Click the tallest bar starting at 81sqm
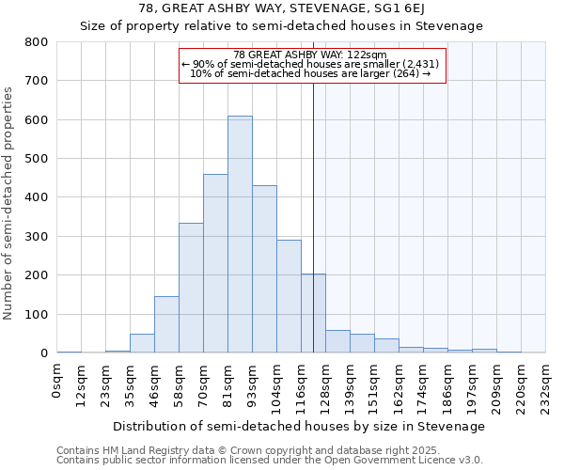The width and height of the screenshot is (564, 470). pos(240,235)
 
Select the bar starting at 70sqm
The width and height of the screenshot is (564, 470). pos(215,263)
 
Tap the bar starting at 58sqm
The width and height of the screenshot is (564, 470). pos(191,288)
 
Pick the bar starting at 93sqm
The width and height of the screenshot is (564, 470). pos(264,269)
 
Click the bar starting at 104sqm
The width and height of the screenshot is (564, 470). pos(289,296)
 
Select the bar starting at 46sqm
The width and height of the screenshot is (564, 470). pos(166,324)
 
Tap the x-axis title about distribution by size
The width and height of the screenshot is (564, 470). pos(301,426)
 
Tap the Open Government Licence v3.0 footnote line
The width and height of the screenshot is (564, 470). pos(270,461)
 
